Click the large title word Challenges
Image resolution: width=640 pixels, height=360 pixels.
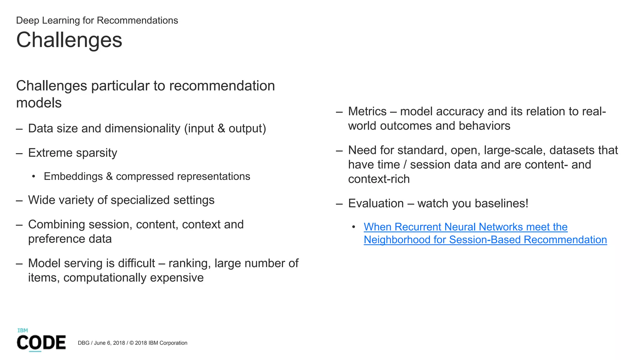coord(69,40)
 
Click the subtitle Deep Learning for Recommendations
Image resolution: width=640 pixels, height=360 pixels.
coord(97,20)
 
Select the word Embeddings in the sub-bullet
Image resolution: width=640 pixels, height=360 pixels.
coord(73,176)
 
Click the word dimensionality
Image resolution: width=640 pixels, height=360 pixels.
coord(142,128)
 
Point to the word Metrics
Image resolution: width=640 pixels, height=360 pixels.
coord(367,112)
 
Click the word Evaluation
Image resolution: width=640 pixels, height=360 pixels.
coord(376,203)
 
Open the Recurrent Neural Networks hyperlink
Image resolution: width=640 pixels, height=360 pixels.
coord(465,227)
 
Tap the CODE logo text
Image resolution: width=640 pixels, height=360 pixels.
coord(41,342)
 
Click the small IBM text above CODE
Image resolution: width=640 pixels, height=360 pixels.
coord(22,330)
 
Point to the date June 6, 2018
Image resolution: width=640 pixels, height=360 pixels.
coord(109,343)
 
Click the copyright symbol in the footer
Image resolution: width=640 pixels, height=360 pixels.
coord(132,343)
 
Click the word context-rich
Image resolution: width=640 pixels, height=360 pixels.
coord(378,179)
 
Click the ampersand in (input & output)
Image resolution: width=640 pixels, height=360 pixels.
coord(221,128)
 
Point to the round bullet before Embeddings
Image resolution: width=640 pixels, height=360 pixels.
coord(34,177)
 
